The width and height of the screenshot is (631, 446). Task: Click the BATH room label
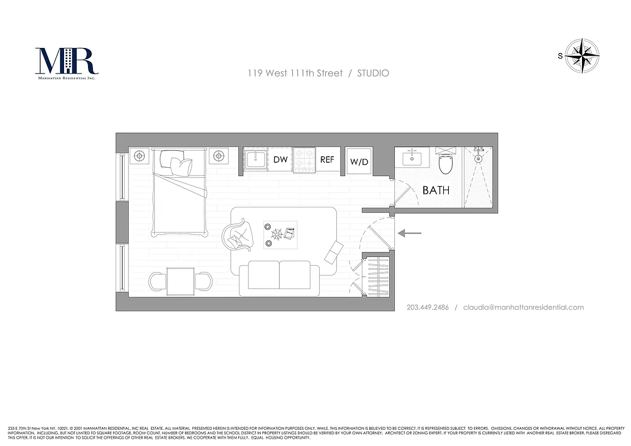(436, 190)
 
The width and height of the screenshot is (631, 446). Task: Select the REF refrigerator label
(327, 159)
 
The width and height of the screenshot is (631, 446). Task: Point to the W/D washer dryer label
(359, 162)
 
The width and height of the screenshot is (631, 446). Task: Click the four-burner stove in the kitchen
(304, 159)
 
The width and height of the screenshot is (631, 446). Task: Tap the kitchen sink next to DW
(255, 159)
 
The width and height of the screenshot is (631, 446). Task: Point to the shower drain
(478, 159)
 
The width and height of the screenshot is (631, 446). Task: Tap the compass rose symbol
(582, 55)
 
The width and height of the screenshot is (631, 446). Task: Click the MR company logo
(66, 62)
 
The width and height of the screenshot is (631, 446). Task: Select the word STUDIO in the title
(373, 73)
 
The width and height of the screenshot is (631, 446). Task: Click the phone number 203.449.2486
(428, 307)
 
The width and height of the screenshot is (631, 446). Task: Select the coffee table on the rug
(280, 234)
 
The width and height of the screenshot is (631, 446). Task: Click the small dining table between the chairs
(180, 282)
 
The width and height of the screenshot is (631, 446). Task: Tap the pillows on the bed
(177, 163)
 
